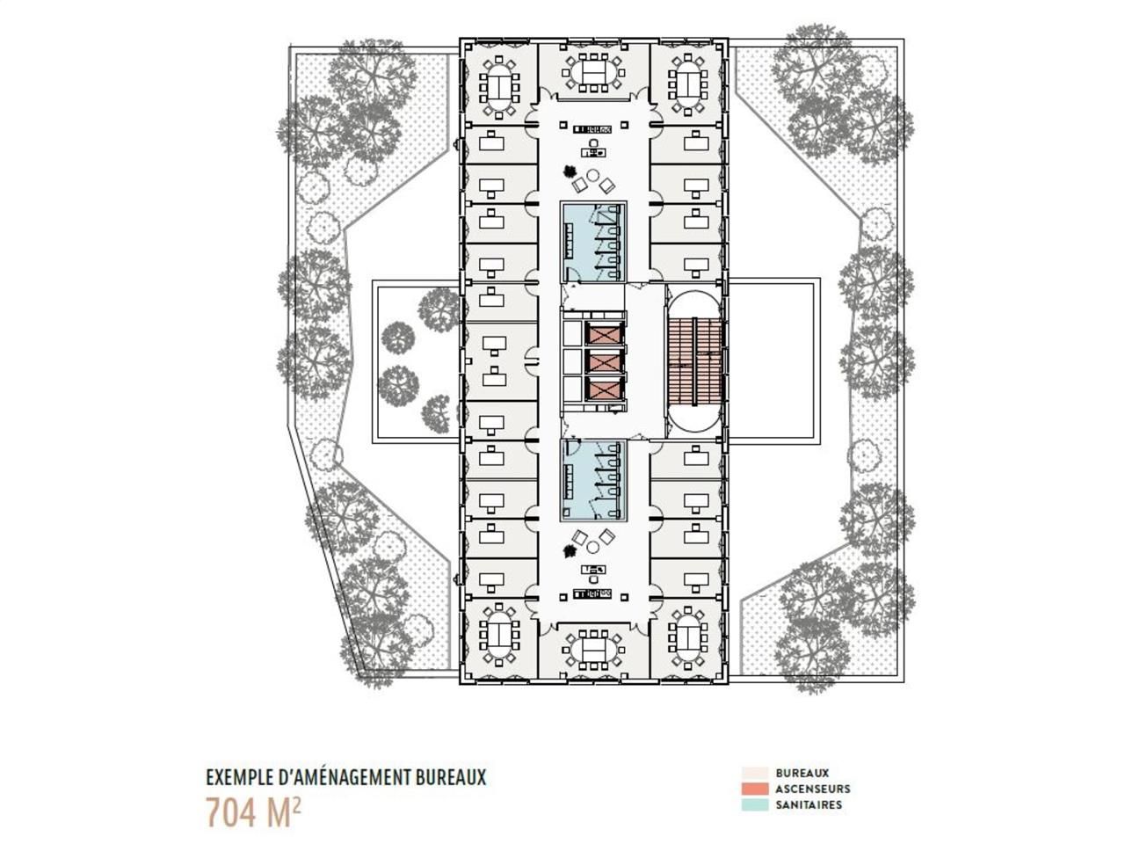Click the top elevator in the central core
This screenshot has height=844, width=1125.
coord(604,334)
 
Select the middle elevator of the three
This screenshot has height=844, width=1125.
coord(604,361)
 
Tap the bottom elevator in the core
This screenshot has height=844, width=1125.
coord(604,389)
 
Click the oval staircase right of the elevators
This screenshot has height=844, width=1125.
coord(694,361)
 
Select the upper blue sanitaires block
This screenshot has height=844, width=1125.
coord(593,242)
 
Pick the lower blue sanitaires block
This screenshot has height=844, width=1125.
coord(593,479)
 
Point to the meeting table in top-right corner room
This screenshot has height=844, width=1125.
coord(686,85)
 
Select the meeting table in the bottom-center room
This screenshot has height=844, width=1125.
coord(593,651)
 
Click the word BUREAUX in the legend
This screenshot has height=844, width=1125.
coord(802,773)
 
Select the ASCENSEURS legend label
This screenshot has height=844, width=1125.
coord(812,789)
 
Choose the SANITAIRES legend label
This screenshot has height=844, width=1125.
coord(809,804)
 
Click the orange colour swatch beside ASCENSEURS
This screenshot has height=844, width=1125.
coord(755,789)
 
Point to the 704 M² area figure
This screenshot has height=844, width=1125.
coord(254,811)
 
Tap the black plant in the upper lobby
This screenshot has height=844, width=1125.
coord(570,173)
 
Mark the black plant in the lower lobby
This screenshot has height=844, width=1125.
coord(570,550)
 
